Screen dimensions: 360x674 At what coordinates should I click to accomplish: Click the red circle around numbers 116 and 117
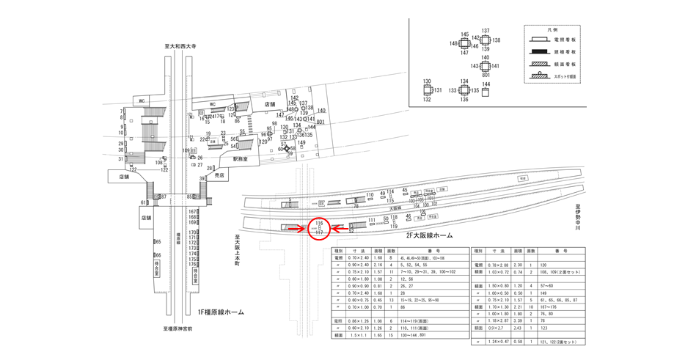320,228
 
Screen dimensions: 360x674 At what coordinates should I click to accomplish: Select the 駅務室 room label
241,158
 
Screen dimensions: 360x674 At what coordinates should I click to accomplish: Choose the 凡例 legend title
560,29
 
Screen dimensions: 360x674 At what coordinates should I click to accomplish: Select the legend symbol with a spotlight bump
543,76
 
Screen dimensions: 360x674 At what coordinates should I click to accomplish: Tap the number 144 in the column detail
486,84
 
